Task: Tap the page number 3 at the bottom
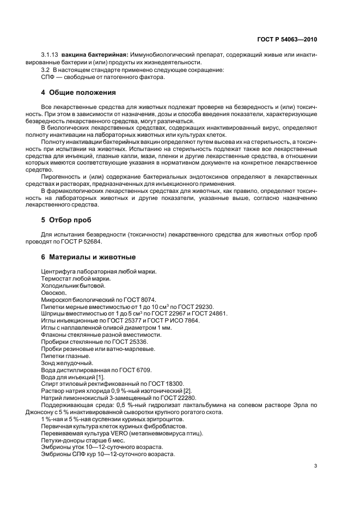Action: [x=316, y=466]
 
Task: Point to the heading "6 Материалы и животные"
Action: [x=85, y=257]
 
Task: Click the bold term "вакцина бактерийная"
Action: [x=94, y=55]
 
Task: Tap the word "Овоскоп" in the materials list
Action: [x=53, y=292]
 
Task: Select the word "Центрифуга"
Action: [x=60, y=271]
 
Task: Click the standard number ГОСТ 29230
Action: [x=195, y=306]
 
